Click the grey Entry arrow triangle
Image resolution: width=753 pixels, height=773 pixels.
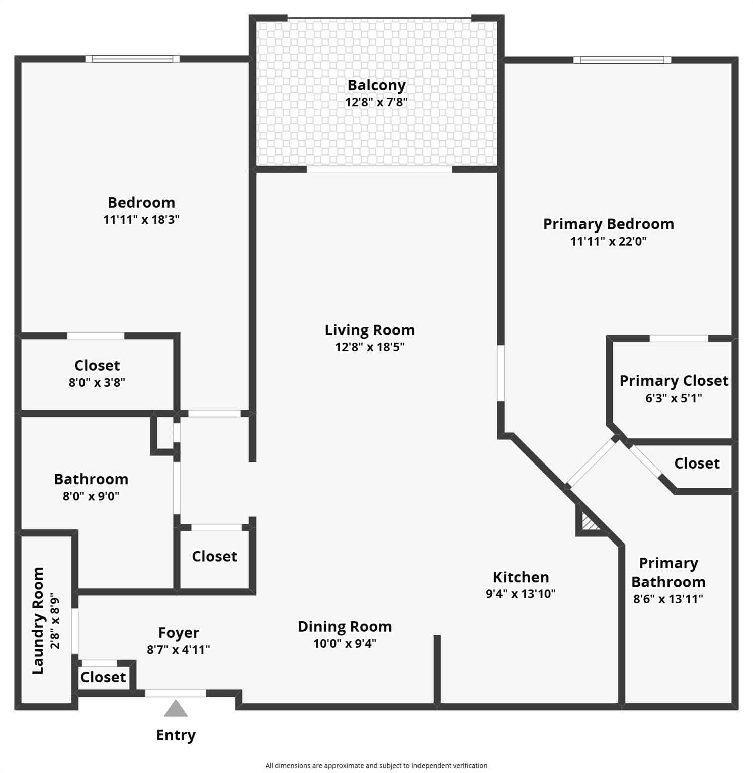176,709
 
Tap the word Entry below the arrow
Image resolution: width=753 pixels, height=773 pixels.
176,735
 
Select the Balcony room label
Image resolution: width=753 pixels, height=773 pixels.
376,85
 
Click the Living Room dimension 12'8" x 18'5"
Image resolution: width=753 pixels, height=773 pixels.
370,347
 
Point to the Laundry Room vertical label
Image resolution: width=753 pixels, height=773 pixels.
38,620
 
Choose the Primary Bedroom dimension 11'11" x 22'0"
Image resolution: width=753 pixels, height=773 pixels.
608,241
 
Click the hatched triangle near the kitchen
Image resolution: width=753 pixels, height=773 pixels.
588,522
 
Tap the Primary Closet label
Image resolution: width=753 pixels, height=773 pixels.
674,381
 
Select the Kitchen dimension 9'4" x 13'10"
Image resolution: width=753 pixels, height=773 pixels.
521,594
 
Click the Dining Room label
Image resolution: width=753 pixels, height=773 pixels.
345,626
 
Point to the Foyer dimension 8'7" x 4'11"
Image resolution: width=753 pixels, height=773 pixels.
178,650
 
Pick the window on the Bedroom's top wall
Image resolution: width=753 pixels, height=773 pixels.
132,59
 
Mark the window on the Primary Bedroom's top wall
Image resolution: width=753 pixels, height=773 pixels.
622,60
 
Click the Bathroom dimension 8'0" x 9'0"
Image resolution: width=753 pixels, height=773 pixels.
91,496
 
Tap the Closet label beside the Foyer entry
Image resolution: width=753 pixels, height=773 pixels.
103,677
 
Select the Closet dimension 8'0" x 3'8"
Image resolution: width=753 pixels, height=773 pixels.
97,383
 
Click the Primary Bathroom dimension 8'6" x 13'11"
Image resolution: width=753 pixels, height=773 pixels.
668,599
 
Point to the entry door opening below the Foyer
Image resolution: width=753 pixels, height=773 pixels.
176,693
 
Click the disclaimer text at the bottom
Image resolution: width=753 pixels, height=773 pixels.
376,765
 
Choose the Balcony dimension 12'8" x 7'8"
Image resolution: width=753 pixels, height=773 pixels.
376,102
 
